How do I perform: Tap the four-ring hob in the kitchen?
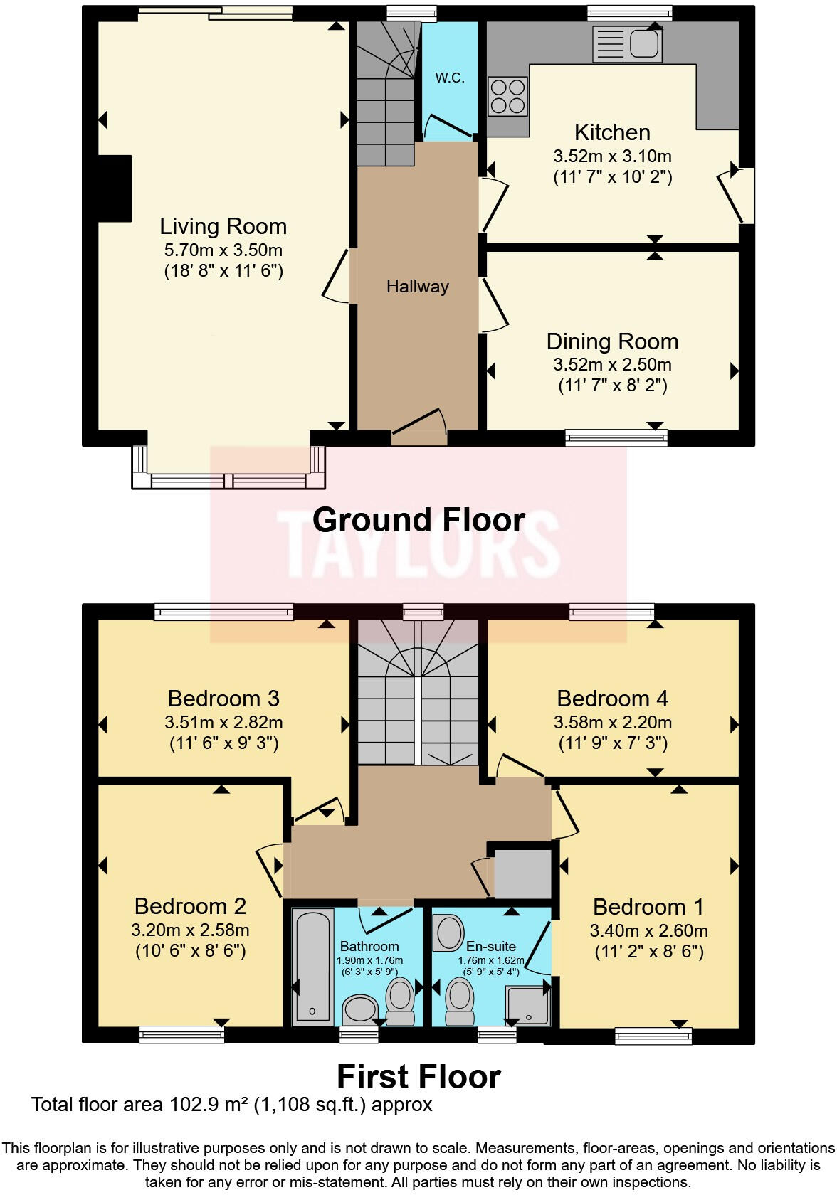[507, 96]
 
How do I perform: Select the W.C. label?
[450, 78]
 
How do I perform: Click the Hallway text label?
[418, 287]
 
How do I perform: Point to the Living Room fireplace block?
[115, 188]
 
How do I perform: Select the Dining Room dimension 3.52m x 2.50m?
[612, 365]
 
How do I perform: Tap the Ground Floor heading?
[418, 520]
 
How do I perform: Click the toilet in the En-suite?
[458, 999]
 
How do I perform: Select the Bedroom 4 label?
[612, 699]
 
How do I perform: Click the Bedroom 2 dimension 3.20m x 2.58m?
[190, 930]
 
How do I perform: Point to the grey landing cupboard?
[522, 873]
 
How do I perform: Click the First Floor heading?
[418, 1077]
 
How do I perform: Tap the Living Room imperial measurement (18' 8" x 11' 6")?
[223, 271]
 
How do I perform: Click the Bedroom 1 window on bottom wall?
[653, 1036]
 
